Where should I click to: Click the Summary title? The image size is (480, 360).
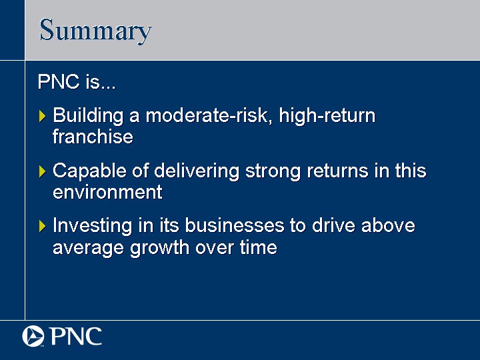click(x=95, y=31)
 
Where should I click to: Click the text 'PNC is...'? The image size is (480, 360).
click(x=77, y=81)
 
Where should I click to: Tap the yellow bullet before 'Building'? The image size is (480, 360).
click(x=42, y=116)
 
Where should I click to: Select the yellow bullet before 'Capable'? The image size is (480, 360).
click(x=42, y=171)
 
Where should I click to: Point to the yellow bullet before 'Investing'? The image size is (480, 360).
click(x=42, y=226)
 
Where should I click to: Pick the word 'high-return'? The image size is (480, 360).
click(x=327, y=116)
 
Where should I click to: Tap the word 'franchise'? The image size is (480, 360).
click(x=93, y=136)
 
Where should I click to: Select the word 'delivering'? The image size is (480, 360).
click(x=197, y=171)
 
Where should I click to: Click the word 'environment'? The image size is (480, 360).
click(x=107, y=192)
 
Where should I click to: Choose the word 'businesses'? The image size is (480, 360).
click(x=235, y=225)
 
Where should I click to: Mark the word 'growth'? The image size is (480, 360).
click(x=159, y=248)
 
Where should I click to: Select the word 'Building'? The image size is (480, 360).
click(x=88, y=116)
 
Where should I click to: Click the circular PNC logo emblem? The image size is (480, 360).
click(x=33, y=336)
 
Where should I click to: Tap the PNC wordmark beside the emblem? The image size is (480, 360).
click(x=75, y=336)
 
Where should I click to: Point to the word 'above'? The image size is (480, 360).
click(x=388, y=225)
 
